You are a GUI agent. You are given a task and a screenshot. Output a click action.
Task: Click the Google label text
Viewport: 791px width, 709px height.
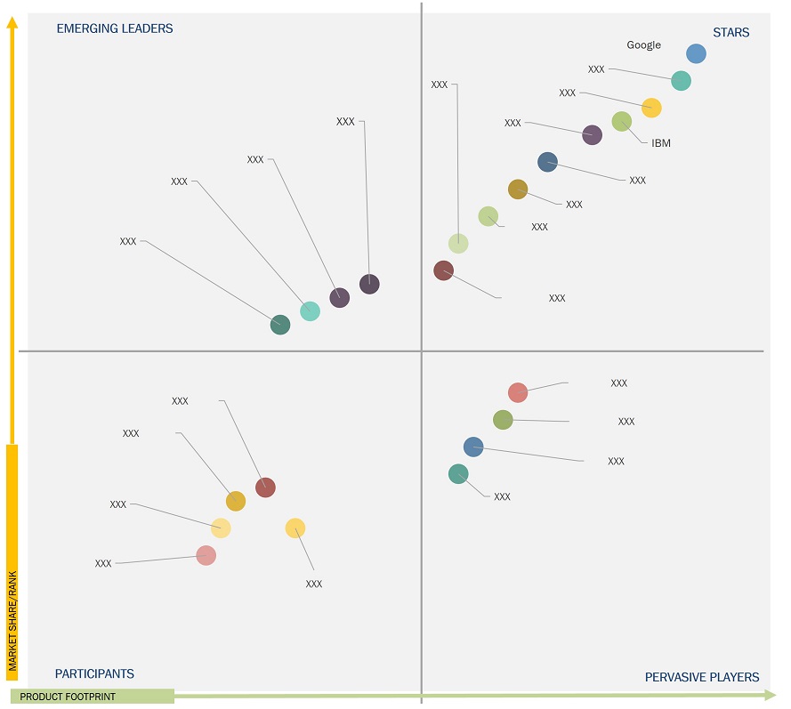643,45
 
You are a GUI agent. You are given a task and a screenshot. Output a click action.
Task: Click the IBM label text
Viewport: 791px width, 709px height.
661,142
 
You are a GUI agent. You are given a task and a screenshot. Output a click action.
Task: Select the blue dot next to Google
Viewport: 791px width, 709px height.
696,53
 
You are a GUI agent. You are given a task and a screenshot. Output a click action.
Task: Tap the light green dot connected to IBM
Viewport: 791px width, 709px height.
622,122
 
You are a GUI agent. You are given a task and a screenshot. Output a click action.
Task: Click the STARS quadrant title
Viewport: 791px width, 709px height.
730,33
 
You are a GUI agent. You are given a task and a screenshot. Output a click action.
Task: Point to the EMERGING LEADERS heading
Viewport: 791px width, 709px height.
115,28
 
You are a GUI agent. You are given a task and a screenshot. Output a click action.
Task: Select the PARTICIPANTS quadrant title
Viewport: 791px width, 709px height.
94,673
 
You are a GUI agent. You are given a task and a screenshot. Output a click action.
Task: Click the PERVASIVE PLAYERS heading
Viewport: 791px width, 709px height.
702,677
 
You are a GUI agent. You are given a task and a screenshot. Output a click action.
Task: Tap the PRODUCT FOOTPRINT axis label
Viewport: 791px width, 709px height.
68,697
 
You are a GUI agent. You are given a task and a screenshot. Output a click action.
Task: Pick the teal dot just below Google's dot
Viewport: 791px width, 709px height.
681,81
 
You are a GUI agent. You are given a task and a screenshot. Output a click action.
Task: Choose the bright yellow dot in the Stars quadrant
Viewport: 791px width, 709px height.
651,108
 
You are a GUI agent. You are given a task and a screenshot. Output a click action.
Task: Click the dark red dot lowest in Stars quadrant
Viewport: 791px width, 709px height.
444,270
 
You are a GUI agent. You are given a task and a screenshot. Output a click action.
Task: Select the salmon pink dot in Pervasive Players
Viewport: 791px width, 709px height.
518,392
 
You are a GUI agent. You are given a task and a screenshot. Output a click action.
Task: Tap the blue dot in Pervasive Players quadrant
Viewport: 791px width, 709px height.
473,447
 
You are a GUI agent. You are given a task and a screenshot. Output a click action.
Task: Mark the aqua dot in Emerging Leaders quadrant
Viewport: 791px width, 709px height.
310,310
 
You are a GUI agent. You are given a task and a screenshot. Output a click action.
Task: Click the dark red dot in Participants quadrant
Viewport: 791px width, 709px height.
265,487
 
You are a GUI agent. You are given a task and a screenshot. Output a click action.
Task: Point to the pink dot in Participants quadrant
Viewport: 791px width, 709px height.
206,555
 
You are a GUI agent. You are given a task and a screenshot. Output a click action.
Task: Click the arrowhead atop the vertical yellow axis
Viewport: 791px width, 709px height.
12,21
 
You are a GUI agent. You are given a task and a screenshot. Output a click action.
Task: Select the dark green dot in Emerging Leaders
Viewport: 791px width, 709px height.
280,325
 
